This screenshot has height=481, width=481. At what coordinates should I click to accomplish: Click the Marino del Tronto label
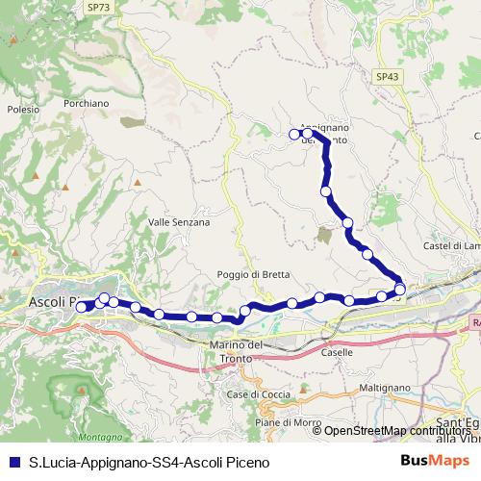(x=236, y=351)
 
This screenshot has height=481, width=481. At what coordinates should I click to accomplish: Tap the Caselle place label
(x=338, y=352)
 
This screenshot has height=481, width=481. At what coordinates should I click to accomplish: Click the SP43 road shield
(x=387, y=76)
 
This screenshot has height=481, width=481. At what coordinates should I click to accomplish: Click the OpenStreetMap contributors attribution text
(x=396, y=430)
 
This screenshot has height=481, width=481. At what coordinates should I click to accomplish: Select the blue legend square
(x=13, y=462)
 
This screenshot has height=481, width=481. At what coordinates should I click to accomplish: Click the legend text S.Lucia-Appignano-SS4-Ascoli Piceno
(x=150, y=462)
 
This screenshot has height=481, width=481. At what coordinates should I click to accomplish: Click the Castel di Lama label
(x=452, y=246)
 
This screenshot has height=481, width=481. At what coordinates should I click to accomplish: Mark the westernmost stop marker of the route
(x=81, y=307)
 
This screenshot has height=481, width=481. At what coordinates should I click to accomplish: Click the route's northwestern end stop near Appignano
(x=295, y=134)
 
